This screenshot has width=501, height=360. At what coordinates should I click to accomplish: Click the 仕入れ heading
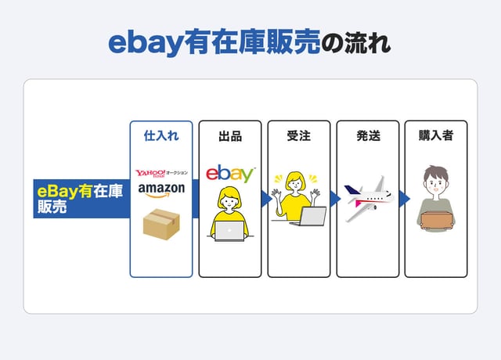coord(161,135)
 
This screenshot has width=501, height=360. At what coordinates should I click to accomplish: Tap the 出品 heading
coord(230,136)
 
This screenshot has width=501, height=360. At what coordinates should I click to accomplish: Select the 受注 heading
coord(299,135)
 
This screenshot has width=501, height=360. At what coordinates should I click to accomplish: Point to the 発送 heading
coord(368,135)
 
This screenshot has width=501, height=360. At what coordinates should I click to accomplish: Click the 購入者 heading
coord(436,135)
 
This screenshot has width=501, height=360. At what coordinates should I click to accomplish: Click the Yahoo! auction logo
coord(161,173)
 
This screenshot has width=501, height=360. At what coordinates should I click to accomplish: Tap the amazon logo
coord(161,190)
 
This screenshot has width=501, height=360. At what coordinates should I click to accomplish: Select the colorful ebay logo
coord(230,174)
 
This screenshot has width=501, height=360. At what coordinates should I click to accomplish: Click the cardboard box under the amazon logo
coord(161,224)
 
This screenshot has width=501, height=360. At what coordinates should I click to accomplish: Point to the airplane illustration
coord(369,198)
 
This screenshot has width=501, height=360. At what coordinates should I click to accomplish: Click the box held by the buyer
coord(436,221)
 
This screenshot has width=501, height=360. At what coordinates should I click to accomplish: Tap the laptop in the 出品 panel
coord(229,231)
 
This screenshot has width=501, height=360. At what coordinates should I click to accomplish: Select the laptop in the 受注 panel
coord(310,217)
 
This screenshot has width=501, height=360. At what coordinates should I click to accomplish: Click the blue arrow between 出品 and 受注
coord(266,199)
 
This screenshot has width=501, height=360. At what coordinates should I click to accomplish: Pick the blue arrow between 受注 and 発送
coord(335,199)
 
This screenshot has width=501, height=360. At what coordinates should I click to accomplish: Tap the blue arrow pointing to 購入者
coord(405,199)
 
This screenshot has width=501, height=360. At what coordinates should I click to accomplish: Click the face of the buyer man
coord(436,185)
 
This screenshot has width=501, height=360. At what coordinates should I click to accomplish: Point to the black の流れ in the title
coord(355,43)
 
